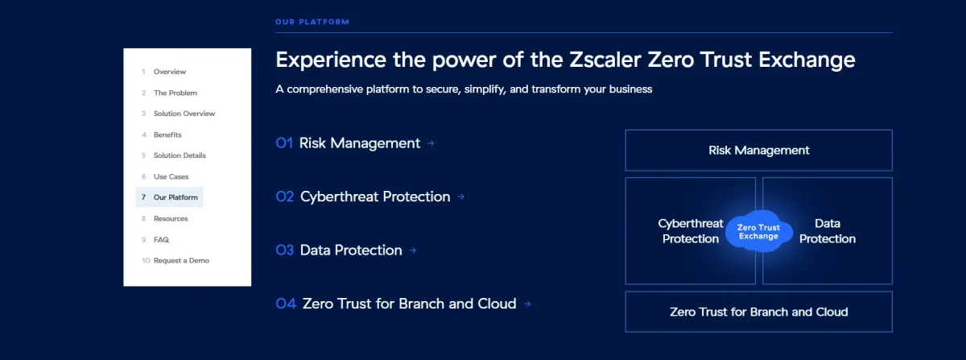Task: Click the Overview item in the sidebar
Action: (x=170, y=72)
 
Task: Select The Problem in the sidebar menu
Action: (x=175, y=93)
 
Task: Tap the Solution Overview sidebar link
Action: (x=184, y=114)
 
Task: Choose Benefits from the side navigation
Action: (x=167, y=134)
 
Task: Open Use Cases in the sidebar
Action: (x=171, y=176)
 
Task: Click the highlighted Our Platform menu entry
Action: (x=170, y=197)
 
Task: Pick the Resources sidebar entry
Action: (x=171, y=218)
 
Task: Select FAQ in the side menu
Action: (x=161, y=239)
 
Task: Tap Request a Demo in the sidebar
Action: (x=181, y=260)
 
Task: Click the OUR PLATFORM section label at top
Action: (x=312, y=22)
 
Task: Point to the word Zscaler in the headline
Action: (x=605, y=60)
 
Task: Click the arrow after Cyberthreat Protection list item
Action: (x=461, y=197)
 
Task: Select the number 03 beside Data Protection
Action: (x=285, y=250)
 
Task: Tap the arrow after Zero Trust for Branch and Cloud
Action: (x=527, y=304)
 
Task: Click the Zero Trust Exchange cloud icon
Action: (x=758, y=231)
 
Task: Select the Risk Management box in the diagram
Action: (x=758, y=151)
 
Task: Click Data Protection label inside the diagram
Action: (x=828, y=231)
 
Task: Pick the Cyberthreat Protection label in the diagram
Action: (x=691, y=231)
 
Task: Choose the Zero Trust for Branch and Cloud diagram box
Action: (x=758, y=312)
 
